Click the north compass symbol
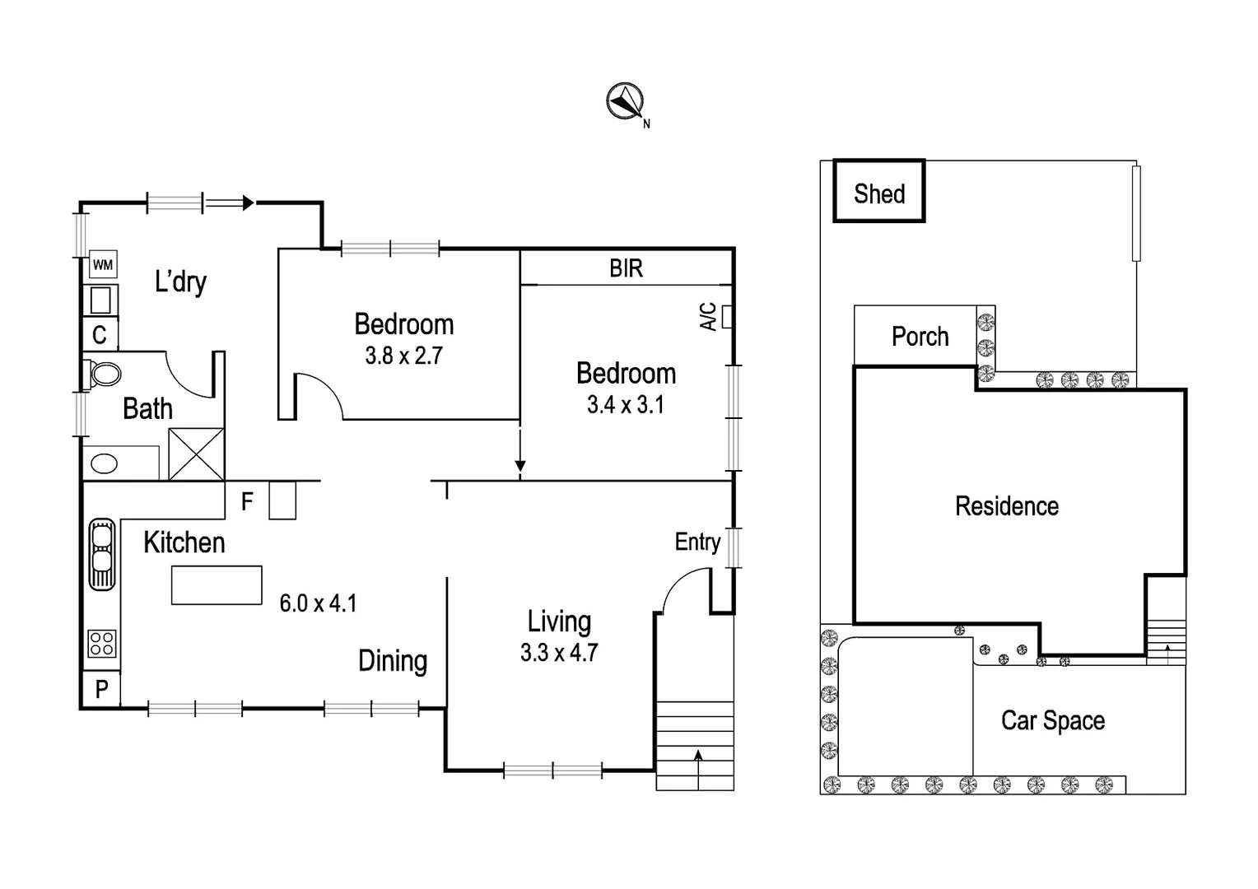(625, 102)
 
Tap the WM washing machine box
(102, 265)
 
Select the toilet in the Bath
(104, 374)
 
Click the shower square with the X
(196, 454)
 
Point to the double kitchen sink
(102, 554)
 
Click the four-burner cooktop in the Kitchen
(102, 643)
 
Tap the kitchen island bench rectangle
(217, 585)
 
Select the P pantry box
(101, 689)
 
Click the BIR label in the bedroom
(626, 268)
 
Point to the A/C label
(708, 317)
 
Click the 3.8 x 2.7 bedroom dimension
(403, 356)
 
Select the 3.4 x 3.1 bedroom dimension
(625, 405)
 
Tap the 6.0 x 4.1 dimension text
(318, 603)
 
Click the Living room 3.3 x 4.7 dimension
(558, 653)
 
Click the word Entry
(697, 542)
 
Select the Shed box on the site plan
(879, 192)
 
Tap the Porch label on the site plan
(920, 337)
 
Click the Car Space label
(1052, 720)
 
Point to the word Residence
(1006, 506)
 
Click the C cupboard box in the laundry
(100, 335)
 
